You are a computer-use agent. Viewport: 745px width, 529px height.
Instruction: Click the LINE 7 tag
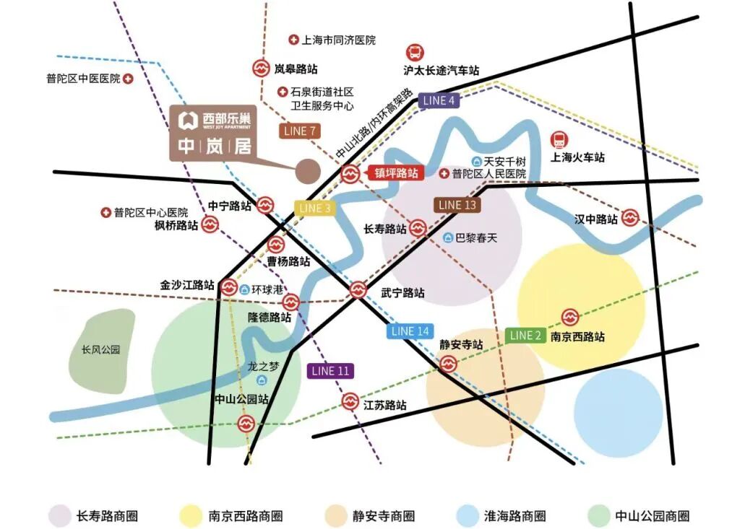point(300,131)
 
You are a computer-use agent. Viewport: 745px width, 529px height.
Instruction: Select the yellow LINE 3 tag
point(315,208)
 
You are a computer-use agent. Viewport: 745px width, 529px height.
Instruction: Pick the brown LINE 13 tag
point(457,205)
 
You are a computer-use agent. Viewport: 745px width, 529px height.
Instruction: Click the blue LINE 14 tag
point(410,331)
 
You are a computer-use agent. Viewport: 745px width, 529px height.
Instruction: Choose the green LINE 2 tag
point(525,335)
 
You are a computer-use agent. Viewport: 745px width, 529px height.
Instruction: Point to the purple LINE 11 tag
point(330,371)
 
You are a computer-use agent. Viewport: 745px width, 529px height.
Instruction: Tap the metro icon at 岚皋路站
point(260,69)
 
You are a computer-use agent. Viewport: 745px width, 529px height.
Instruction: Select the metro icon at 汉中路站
point(630,217)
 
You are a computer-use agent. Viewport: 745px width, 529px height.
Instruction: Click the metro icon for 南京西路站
point(570,317)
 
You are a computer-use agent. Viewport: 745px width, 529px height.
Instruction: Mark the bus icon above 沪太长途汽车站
point(415,52)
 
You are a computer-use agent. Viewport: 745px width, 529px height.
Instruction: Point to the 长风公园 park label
point(100,350)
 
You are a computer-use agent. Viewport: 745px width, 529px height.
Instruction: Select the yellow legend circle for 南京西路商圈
point(191,516)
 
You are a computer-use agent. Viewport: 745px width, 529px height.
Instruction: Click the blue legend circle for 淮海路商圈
point(467,516)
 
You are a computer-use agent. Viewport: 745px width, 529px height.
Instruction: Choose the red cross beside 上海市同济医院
point(293,40)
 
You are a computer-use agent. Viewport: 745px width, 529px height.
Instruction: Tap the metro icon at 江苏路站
point(350,401)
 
